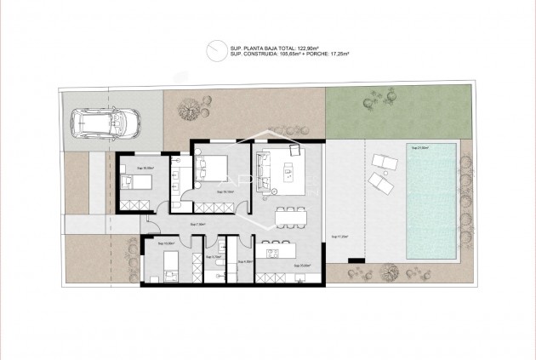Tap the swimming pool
coord(431,202)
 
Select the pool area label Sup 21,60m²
coord(420,148)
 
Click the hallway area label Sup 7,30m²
coord(197,225)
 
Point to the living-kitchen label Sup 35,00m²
coord(299,266)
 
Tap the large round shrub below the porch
coord(390,272)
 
